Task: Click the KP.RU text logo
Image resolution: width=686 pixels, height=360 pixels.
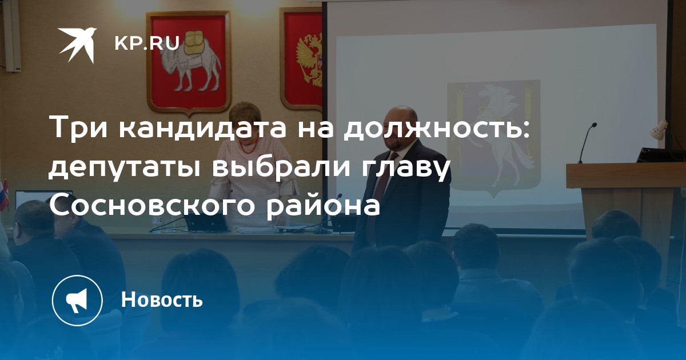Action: [x=147, y=43]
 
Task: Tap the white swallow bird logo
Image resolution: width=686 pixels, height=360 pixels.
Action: [x=78, y=45]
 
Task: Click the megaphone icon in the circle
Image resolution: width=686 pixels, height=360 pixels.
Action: [x=77, y=301]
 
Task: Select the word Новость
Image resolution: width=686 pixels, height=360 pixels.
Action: [x=162, y=299]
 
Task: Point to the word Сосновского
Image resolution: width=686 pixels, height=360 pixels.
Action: [x=152, y=205]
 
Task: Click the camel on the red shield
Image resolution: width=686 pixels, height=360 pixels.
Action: [x=190, y=59]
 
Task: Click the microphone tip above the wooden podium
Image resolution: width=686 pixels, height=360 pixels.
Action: [x=594, y=125]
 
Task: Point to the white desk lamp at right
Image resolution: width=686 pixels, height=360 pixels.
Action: [x=658, y=130]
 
